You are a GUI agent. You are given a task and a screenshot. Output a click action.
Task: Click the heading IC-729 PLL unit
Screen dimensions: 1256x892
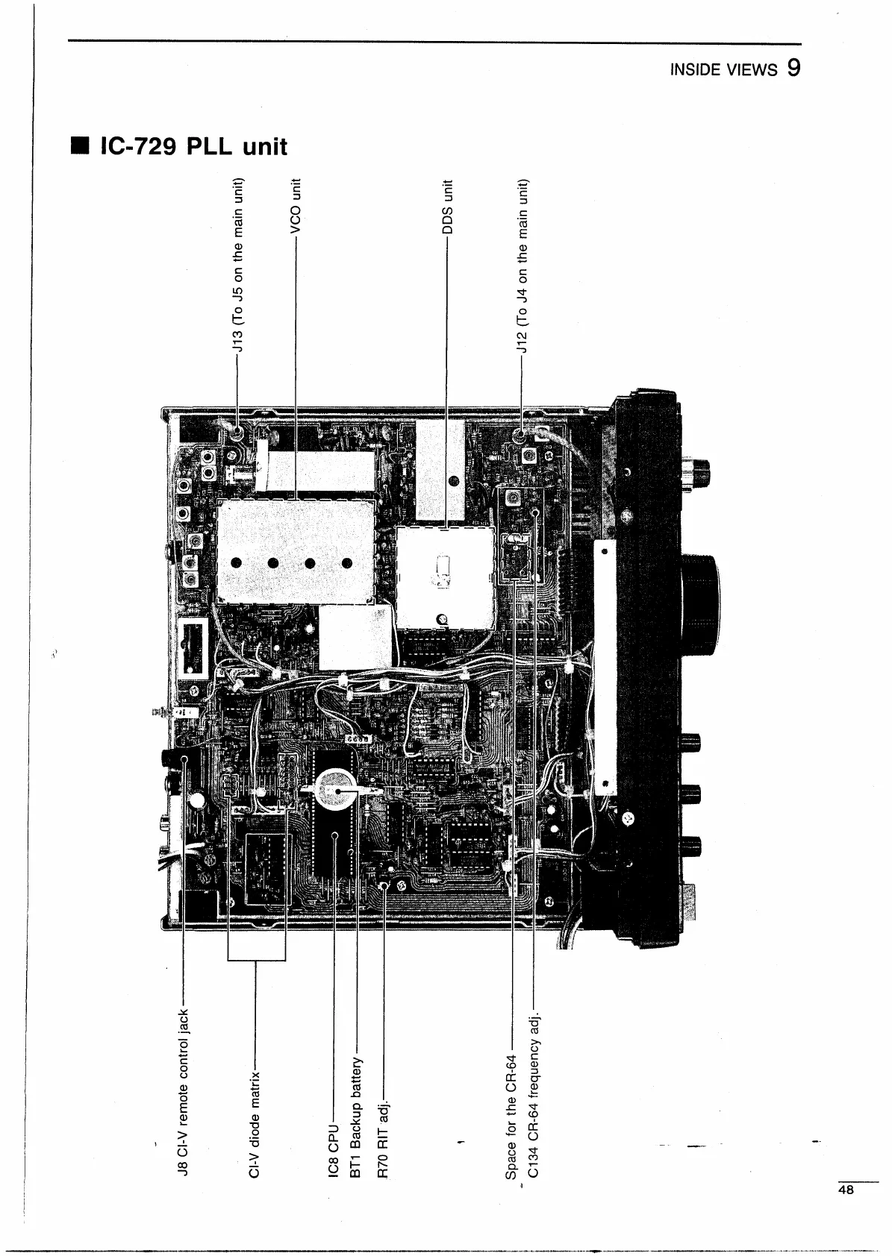193,146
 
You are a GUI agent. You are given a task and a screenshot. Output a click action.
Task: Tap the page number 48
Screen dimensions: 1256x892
845,1190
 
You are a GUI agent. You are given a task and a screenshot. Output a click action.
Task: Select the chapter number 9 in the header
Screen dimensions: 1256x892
793,68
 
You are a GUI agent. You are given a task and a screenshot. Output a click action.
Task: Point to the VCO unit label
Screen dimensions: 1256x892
296,207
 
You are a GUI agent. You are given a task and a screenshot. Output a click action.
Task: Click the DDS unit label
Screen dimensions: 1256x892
447,207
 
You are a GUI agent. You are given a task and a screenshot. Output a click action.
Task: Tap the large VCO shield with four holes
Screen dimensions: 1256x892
296,551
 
